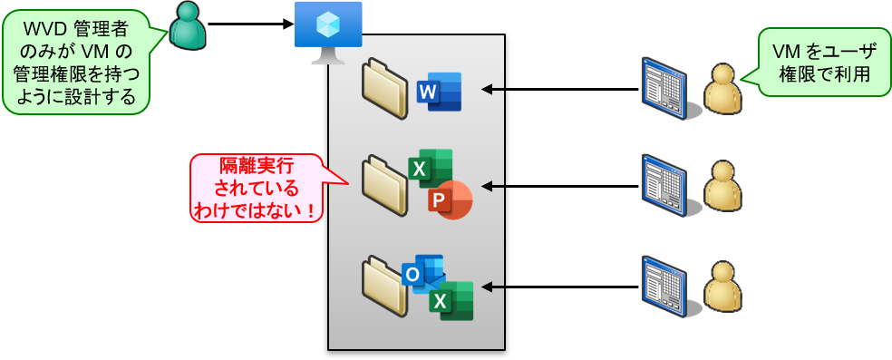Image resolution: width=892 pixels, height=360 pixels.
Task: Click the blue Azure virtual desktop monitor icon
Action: pyautogui.click(x=328, y=30)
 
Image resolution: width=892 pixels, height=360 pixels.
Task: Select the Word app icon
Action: pyautogui.click(x=440, y=92)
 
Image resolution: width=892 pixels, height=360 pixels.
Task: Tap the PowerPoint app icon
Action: pyautogui.click(x=451, y=199)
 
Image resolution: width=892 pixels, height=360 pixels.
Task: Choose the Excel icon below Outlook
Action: pyautogui.click(x=451, y=300)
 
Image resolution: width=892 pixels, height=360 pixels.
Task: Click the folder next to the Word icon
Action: pyautogui.click(x=385, y=89)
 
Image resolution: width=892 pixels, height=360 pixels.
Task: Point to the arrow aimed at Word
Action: pyautogui.click(x=491, y=89)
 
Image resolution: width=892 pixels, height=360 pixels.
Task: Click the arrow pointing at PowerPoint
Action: pyautogui.click(x=491, y=186)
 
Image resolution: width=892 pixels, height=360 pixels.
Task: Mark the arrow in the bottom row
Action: pyautogui.click(x=491, y=287)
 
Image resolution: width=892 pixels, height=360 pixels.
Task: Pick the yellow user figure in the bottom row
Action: pyautogui.click(x=722, y=287)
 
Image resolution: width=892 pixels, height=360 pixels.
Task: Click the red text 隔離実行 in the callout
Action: pyautogui.click(x=257, y=167)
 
